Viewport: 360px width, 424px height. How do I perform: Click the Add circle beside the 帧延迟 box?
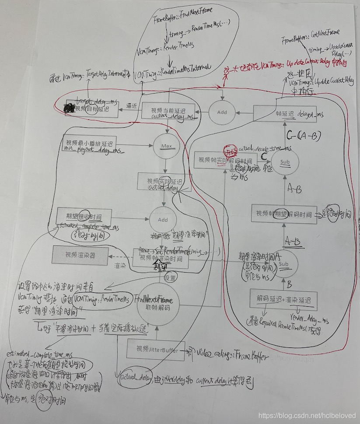pos(222,112)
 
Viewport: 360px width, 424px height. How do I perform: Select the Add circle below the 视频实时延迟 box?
pos(163,220)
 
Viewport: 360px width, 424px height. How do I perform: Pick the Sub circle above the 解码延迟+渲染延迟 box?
pos(283,264)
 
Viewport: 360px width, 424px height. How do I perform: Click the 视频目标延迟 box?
pos(91,109)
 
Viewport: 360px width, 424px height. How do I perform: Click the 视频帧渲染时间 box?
pos(161,258)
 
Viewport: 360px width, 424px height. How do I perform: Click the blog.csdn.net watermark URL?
pos(307,415)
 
